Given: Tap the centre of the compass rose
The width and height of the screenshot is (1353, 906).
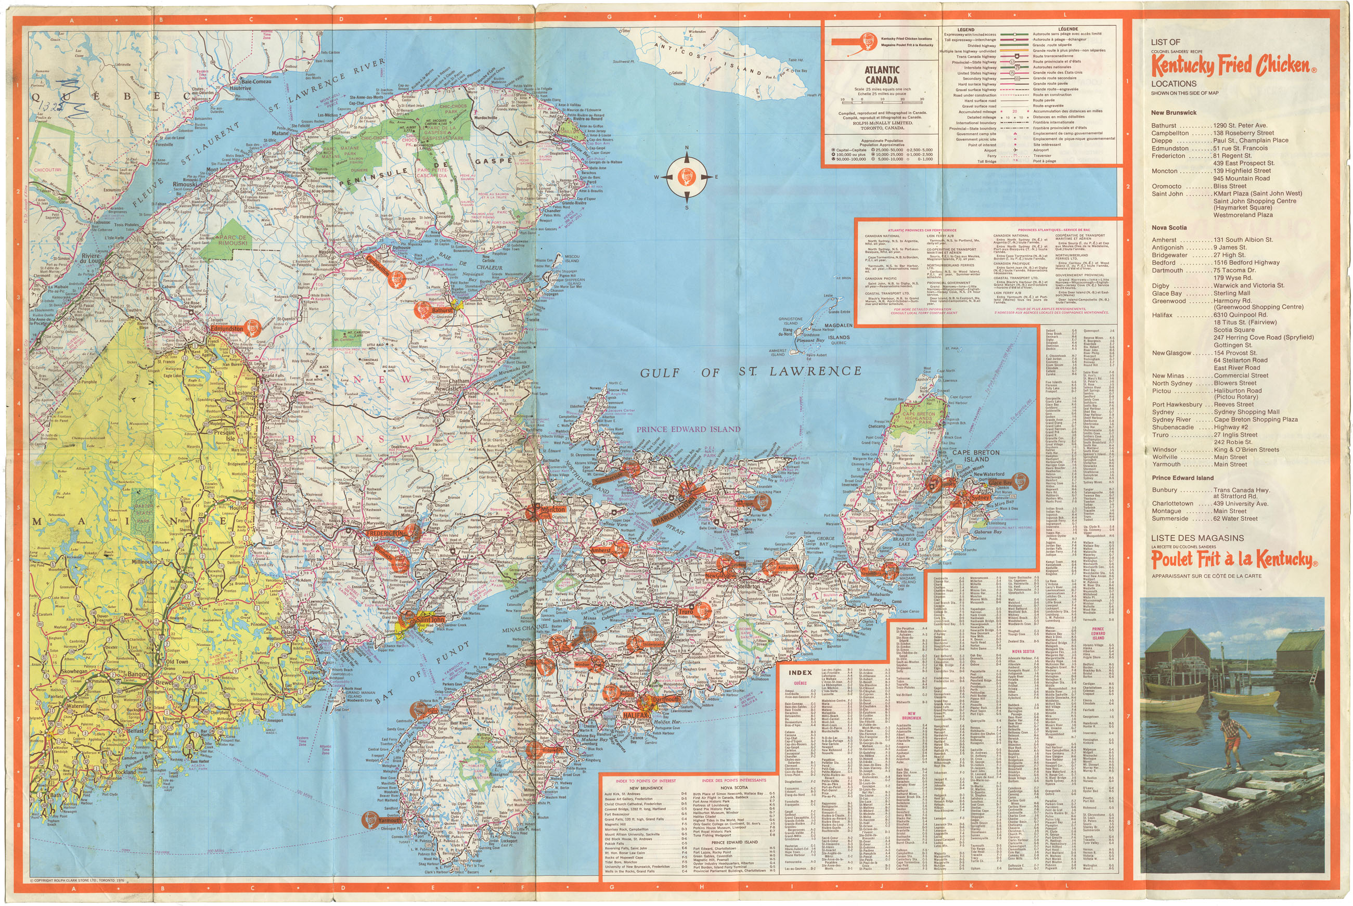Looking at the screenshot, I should tap(687, 177).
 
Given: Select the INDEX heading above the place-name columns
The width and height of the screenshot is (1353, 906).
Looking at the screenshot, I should tap(800, 672).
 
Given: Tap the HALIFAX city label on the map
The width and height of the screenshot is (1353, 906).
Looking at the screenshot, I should tap(636, 715).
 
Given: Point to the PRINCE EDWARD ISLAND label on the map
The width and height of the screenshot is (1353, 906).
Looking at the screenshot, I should tap(688, 429).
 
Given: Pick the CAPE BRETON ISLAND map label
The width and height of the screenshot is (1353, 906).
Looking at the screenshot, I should tap(975, 456).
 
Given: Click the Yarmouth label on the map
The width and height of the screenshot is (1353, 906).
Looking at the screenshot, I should tap(390, 820).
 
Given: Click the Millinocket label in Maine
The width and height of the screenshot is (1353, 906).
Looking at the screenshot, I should tap(149, 561).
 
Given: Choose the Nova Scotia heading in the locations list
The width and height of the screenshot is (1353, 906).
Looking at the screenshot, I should tap(1169, 228).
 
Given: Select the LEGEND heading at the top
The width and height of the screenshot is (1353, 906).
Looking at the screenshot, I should tap(966, 30).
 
